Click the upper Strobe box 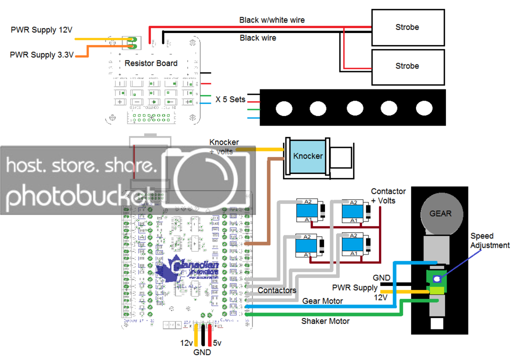(407, 27)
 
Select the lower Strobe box (407, 66)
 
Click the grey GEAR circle (440, 213)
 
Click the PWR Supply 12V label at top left (41, 30)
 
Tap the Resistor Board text (150, 63)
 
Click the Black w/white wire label (272, 20)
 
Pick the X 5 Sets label (230, 99)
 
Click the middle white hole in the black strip (354, 107)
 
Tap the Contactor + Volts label (388, 196)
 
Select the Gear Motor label (322, 301)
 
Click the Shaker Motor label (325, 321)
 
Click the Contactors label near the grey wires (276, 290)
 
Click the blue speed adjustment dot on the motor (437, 279)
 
